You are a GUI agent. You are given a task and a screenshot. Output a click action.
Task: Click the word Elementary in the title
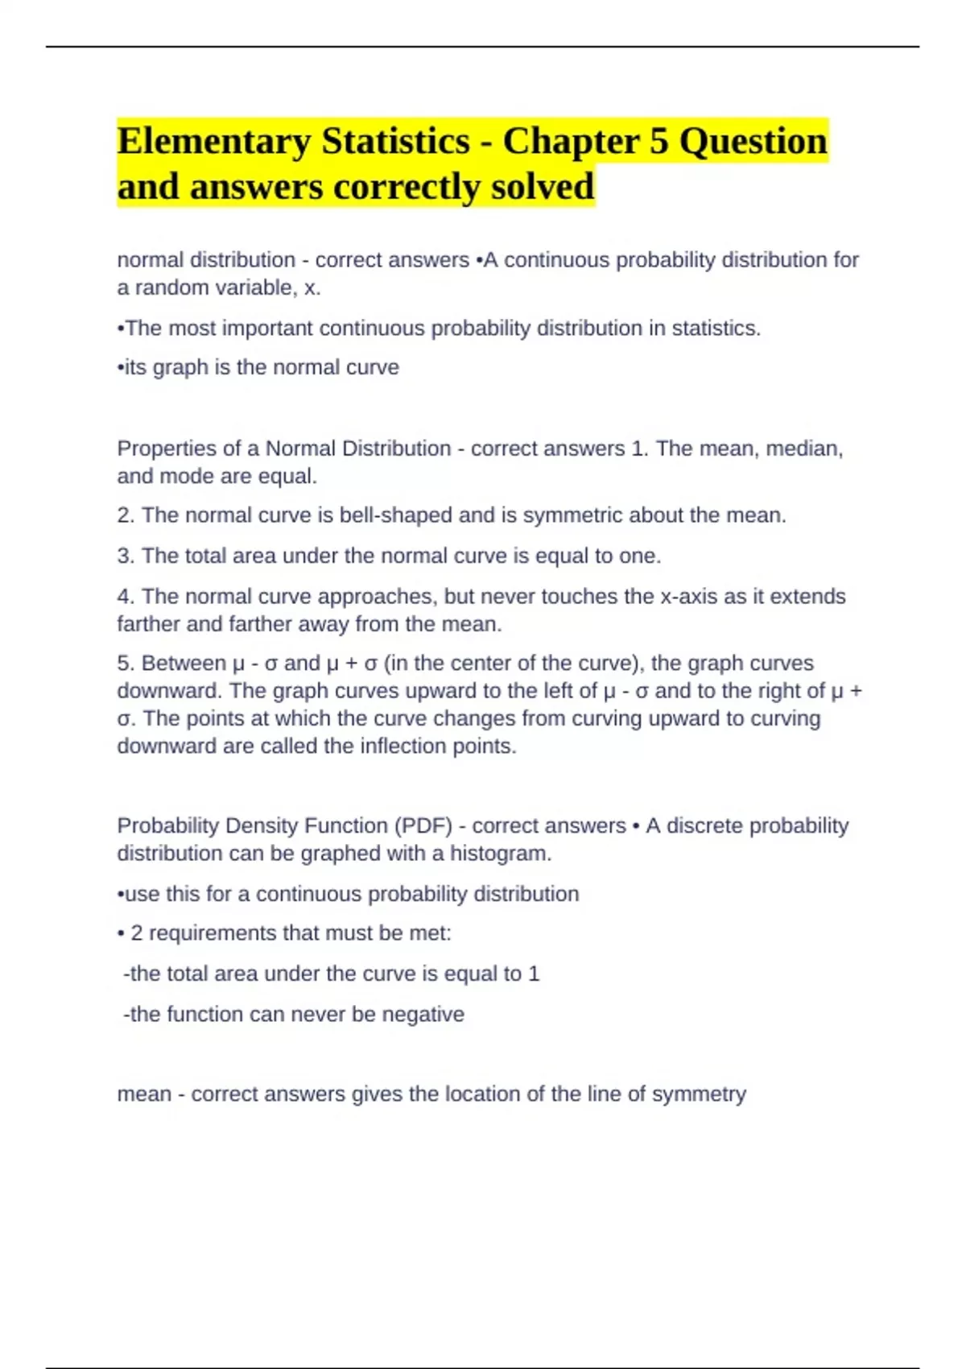(x=213, y=142)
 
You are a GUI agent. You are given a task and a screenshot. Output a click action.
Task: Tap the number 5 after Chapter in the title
(x=659, y=142)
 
